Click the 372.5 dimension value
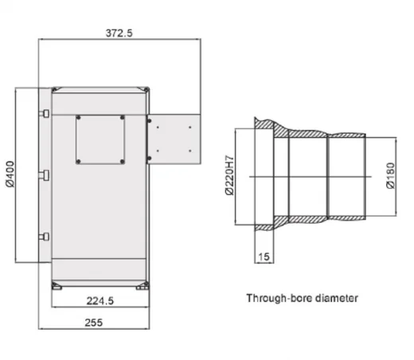(119, 33)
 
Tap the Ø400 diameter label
(10, 174)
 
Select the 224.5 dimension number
(100, 301)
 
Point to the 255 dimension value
(94, 323)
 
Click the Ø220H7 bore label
(230, 175)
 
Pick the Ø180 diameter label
(391, 175)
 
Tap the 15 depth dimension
(264, 256)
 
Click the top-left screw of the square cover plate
(78, 117)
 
